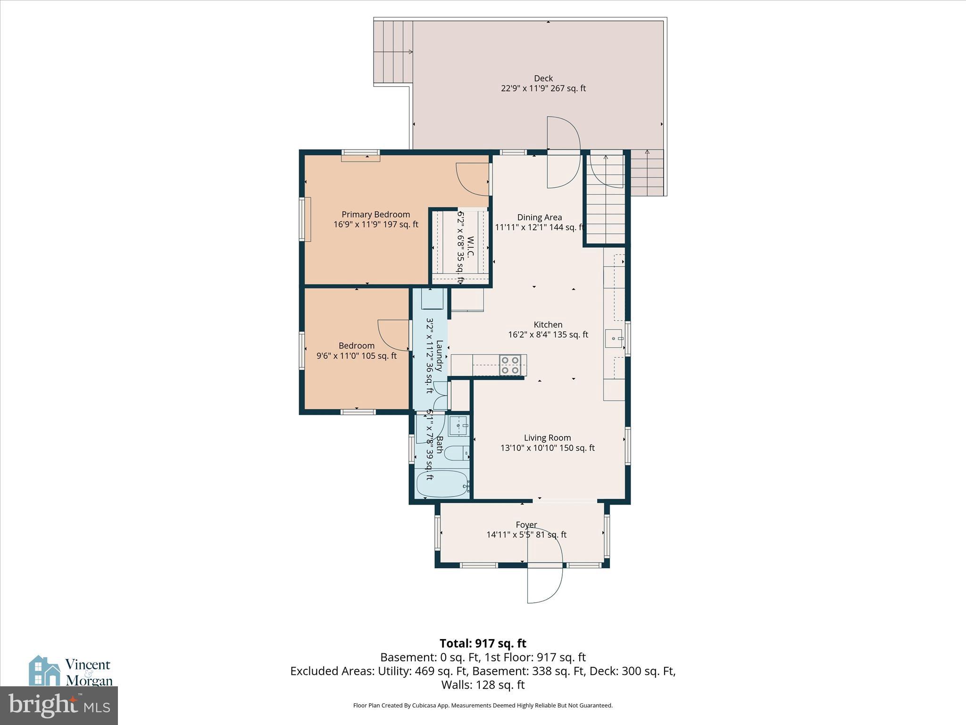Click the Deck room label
(543, 78)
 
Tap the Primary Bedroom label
(375, 214)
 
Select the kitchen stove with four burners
(510, 365)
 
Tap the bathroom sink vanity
(458, 426)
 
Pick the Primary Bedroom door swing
(473, 179)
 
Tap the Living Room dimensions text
(547, 448)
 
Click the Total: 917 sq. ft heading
(483, 643)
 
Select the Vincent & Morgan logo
(71, 671)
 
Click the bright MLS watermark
(59, 706)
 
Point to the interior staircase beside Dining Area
(606, 198)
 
